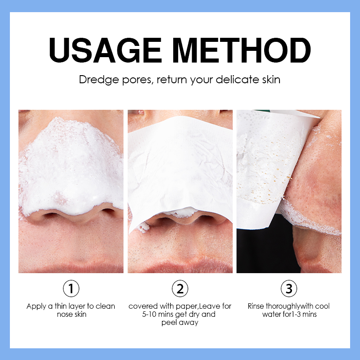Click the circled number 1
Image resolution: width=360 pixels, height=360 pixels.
pyautogui.click(x=71, y=288)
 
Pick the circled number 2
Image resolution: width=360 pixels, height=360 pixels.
pyautogui.click(x=180, y=288)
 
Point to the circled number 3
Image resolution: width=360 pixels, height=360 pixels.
pyautogui.click(x=288, y=288)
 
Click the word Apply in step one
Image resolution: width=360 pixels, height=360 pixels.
pyautogui.click(x=36, y=306)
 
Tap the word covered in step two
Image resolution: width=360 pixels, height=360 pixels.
pyautogui.click(x=143, y=306)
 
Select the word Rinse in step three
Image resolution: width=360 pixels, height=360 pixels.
pyautogui.click(x=256, y=306)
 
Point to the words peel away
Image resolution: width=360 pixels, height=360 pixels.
pyautogui.click(x=180, y=322)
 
